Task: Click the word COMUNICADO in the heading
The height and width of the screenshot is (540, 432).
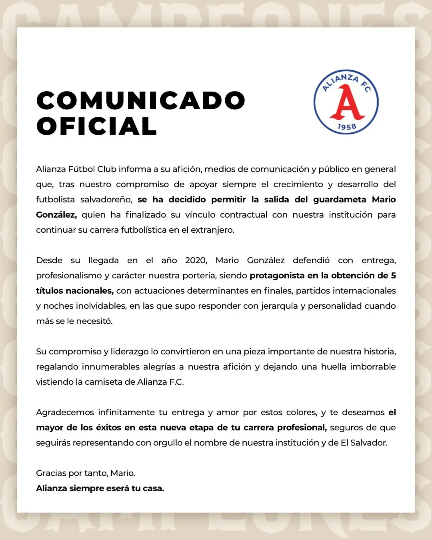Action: pyautogui.click(x=141, y=100)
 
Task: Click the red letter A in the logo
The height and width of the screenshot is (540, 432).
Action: pyautogui.click(x=346, y=104)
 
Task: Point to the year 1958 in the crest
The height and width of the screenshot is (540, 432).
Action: pyautogui.click(x=346, y=127)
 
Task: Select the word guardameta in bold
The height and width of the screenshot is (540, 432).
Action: pyautogui.click(x=340, y=200)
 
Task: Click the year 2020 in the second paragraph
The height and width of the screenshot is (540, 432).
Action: pyautogui.click(x=196, y=260)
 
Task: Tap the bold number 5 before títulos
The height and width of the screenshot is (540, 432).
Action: pyautogui.click(x=393, y=276)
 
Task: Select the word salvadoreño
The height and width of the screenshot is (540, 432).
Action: pyautogui.click(x=106, y=200)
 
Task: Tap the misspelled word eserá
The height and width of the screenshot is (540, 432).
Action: pyautogui.click(x=118, y=488)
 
